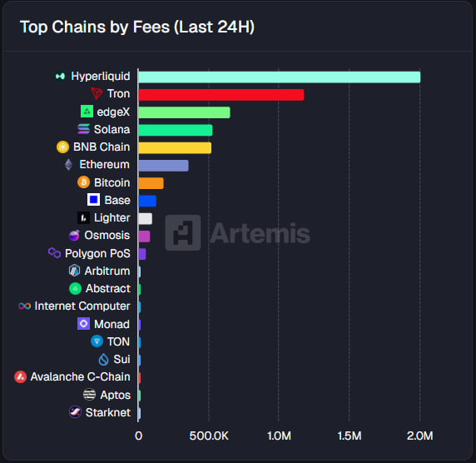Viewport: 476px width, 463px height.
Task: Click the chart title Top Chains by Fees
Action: pyautogui.click(x=136, y=27)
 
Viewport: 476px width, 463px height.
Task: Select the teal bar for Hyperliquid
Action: pyautogui.click(x=279, y=77)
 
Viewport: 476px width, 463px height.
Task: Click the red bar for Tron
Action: pyautogui.click(x=221, y=94)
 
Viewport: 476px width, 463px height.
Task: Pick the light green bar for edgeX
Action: pyautogui.click(x=184, y=112)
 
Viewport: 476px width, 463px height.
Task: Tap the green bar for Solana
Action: pyautogui.click(x=175, y=130)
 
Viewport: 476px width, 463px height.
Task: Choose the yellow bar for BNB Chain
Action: pyautogui.click(x=175, y=147)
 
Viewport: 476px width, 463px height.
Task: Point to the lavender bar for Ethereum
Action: pyautogui.click(x=163, y=165)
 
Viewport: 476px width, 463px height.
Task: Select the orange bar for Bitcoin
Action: pyautogui.click(x=151, y=182)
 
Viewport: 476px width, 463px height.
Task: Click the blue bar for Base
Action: pyautogui.click(x=147, y=201)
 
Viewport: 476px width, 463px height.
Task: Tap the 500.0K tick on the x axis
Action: pyautogui.click(x=208, y=435)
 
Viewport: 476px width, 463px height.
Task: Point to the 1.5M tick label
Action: pyautogui.click(x=350, y=435)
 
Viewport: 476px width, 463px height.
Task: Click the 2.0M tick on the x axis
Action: pyautogui.click(x=420, y=435)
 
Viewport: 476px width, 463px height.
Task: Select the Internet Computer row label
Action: pyautogui.click(x=82, y=306)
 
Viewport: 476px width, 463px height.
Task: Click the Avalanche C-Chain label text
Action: pyautogui.click(x=80, y=377)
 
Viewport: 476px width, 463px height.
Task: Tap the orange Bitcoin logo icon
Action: pyautogui.click(x=83, y=182)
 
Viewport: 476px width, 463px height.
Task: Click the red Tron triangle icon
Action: pyautogui.click(x=97, y=94)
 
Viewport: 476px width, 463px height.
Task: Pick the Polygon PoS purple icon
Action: pyautogui.click(x=54, y=253)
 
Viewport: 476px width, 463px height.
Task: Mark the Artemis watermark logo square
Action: pyautogui.click(x=182, y=232)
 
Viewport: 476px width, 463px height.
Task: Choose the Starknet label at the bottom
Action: pyautogui.click(x=107, y=412)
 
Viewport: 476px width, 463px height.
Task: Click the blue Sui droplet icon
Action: pyautogui.click(x=103, y=359)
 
